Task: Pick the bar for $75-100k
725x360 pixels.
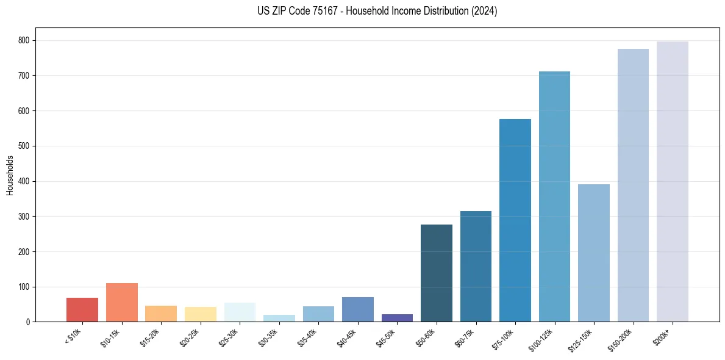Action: [x=515, y=220]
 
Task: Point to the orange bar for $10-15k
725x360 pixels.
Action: [x=121, y=302]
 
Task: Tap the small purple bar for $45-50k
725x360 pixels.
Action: [x=397, y=318]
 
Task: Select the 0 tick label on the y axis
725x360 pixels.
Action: [x=29, y=322]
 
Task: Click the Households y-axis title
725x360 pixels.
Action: [x=10, y=175]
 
